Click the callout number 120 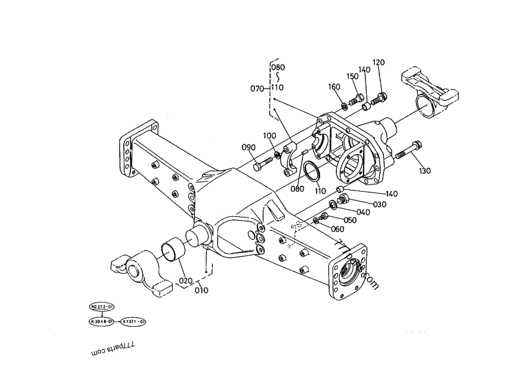[378, 63]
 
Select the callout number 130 [425, 171]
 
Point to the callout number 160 [335, 87]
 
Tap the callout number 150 [352, 76]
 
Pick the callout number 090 [248, 147]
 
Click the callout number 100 [269, 136]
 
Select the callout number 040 [363, 212]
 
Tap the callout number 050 [350, 220]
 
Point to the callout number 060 [337, 229]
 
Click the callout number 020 [186, 280]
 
